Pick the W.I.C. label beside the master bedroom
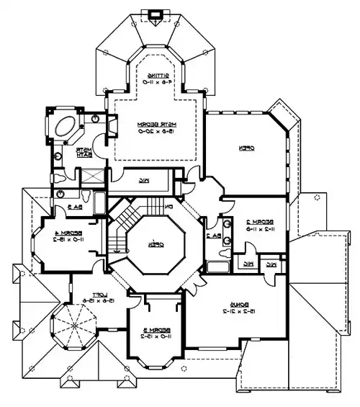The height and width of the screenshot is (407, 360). [x=144, y=179]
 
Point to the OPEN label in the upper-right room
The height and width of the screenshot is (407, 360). [x=246, y=148]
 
